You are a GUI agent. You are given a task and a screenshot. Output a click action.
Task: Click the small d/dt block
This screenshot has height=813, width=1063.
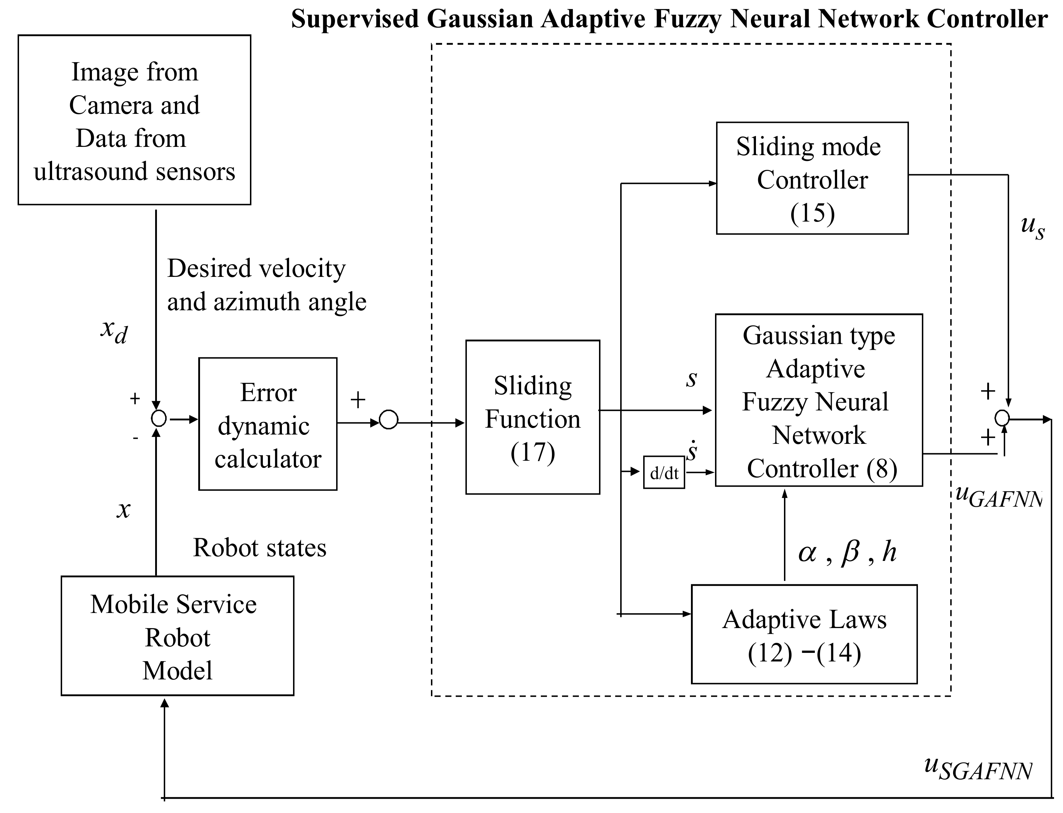(x=663, y=472)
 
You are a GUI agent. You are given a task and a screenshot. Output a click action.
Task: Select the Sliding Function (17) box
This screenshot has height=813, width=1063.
(x=532, y=417)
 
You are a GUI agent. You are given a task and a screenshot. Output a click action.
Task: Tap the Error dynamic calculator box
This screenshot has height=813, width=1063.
(x=268, y=424)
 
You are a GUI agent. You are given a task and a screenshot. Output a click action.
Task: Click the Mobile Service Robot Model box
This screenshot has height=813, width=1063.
(x=177, y=636)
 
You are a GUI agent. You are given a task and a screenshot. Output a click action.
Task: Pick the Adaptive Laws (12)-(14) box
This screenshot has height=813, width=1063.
(x=804, y=635)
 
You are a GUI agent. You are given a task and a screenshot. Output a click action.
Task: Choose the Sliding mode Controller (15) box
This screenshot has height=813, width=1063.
(x=812, y=178)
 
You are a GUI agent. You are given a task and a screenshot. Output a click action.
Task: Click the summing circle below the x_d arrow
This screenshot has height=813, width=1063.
(x=159, y=418)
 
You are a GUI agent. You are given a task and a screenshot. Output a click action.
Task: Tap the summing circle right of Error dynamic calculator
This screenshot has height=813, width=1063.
(x=389, y=419)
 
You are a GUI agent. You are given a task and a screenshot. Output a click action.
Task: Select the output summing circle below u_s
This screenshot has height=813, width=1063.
(x=1002, y=418)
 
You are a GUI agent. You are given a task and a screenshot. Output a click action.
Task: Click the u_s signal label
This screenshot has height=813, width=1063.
(x=1032, y=227)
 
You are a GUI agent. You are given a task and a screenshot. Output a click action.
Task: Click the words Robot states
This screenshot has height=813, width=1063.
(x=259, y=548)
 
